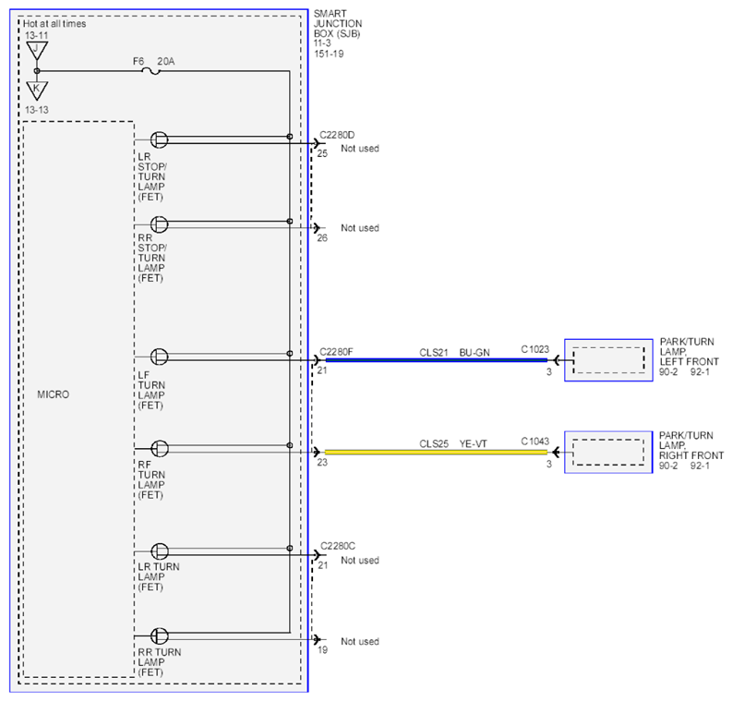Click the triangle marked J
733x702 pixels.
coord(37,50)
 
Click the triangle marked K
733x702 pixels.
coord(37,90)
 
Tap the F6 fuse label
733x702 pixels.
coord(138,61)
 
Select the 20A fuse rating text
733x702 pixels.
coord(166,61)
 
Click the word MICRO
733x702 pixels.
coord(54,394)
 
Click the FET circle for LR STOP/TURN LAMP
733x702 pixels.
coord(159,139)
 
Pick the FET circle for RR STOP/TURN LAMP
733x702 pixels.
coord(159,224)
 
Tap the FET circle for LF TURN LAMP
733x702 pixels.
coord(159,357)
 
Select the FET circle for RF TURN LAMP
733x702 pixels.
coord(160,449)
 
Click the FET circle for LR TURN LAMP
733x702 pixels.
coord(160,551)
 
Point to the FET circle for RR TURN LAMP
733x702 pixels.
coord(160,636)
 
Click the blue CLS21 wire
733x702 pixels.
coord(436,360)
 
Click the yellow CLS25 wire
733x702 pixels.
coord(436,453)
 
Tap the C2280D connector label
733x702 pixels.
coord(337,135)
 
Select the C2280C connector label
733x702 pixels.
coord(338,546)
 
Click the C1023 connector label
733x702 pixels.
coord(535,349)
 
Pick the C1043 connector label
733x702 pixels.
coord(535,442)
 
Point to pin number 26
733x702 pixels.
coord(322,238)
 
